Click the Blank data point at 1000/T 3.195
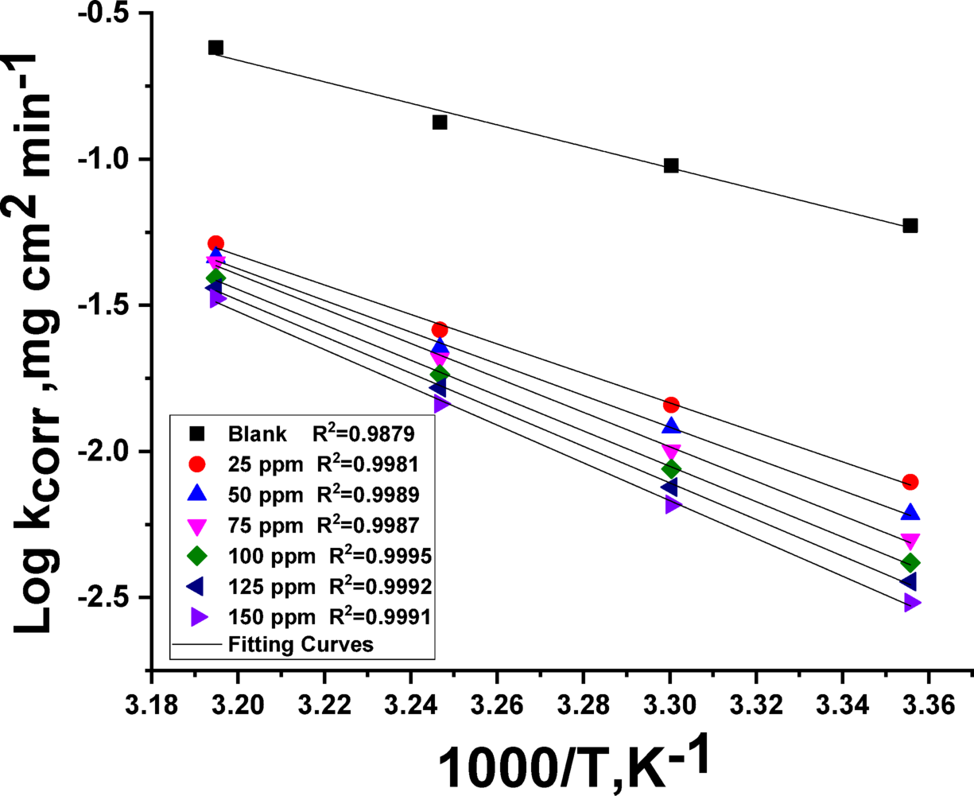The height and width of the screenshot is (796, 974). (215, 48)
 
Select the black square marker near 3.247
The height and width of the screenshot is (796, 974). (440, 122)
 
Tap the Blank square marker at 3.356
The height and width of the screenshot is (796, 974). (910, 226)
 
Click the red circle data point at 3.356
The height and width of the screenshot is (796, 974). (910, 482)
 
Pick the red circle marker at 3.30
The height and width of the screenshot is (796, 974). (671, 406)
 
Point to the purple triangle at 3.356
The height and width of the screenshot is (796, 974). (912, 603)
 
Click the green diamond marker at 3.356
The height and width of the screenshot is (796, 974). (910, 563)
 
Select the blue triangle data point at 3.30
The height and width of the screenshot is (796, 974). (671, 426)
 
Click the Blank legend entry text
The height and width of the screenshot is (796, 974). (251, 435)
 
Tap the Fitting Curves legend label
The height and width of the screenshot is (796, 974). (301, 644)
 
